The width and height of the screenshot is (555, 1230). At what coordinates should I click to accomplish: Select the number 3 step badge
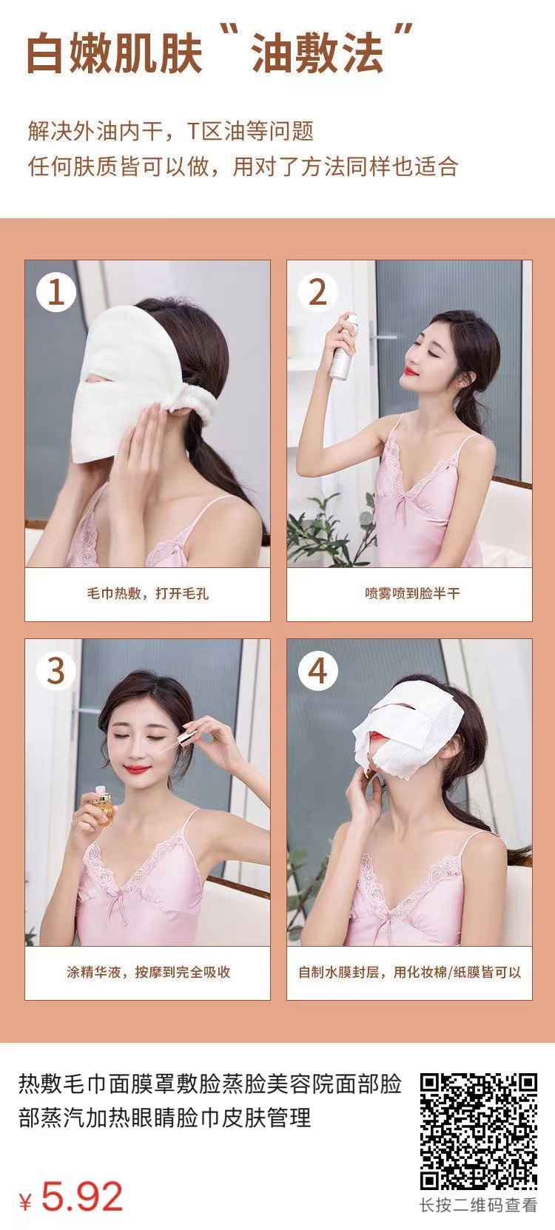click(x=56, y=670)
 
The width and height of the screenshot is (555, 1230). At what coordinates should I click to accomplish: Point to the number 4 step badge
click(x=317, y=670)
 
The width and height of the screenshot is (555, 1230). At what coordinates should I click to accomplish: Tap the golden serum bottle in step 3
click(x=101, y=805)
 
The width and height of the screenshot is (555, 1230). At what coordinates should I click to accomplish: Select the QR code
click(x=479, y=1132)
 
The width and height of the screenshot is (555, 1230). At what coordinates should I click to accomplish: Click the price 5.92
click(x=82, y=1197)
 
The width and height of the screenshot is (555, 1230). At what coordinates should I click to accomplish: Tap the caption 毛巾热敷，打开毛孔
click(x=147, y=593)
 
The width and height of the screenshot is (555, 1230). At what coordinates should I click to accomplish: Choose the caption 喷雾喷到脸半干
click(x=412, y=593)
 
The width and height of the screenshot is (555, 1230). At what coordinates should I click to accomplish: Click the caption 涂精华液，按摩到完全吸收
click(x=148, y=972)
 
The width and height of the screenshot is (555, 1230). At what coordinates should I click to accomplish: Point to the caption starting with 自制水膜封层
click(x=409, y=972)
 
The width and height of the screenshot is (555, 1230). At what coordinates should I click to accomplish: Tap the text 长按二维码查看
click(x=478, y=1206)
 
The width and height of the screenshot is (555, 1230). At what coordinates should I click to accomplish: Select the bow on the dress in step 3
click(x=116, y=906)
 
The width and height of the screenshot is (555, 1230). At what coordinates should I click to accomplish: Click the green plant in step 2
click(x=324, y=530)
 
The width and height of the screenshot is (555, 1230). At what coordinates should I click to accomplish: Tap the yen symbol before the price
click(x=25, y=1202)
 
